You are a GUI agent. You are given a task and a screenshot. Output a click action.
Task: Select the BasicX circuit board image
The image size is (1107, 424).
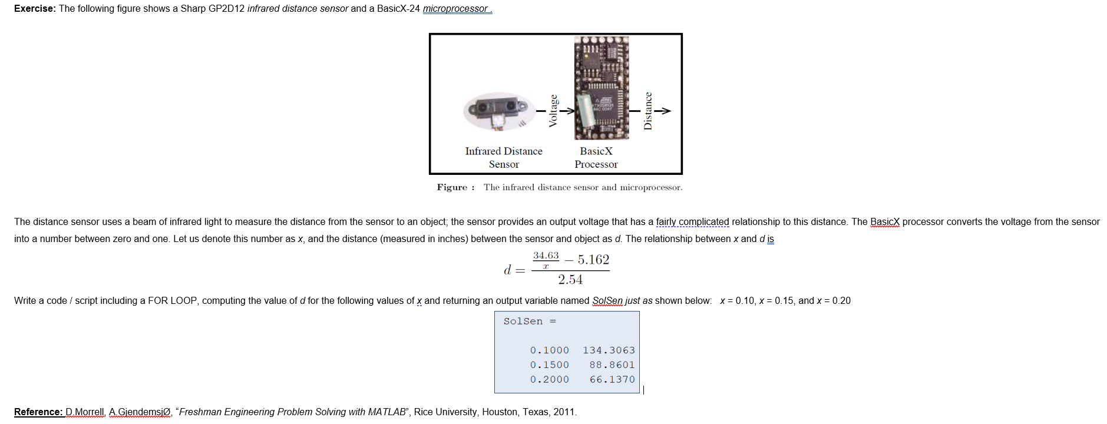[x=601, y=87]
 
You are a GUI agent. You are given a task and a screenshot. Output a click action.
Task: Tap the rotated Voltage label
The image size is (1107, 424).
[x=553, y=110]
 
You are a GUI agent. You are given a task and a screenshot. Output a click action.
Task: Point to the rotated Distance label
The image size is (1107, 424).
[x=648, y=110]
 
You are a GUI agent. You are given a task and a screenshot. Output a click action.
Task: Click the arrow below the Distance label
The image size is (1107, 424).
[x=663, y=111]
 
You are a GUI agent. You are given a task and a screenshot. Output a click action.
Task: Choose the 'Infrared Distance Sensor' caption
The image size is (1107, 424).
[x=504, y=157]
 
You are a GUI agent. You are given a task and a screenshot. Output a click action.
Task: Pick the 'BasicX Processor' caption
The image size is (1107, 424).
[x=596, y=157]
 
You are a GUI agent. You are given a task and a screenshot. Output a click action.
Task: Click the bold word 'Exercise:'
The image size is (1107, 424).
[x=35, y=9]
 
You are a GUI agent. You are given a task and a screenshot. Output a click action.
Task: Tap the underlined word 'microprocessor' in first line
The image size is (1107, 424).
[x=455, y=9]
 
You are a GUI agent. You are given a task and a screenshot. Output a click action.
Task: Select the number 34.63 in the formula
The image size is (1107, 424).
[x=546, y=256]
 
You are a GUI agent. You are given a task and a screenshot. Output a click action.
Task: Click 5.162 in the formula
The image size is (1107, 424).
[x=593, y=260]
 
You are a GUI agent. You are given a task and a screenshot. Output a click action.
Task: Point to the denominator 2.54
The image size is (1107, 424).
[x=570, y=280]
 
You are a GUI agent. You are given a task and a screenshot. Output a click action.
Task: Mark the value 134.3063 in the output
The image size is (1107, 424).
[x=609, y=350]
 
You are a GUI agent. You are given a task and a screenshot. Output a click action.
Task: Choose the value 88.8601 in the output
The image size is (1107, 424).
[x=612, y=365]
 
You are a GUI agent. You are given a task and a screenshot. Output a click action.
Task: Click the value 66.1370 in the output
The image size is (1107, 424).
[x=612, y=380]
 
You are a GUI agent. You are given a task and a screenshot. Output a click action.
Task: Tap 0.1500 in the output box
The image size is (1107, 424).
[x=549, y=365]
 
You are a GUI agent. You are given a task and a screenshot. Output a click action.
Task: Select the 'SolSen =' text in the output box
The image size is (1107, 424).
[x=530, y=321]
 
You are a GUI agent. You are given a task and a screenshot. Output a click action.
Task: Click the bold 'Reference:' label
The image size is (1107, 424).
[x=38, y=412]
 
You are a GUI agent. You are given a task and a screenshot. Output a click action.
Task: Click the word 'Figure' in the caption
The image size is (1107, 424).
[x=452, y=187]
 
